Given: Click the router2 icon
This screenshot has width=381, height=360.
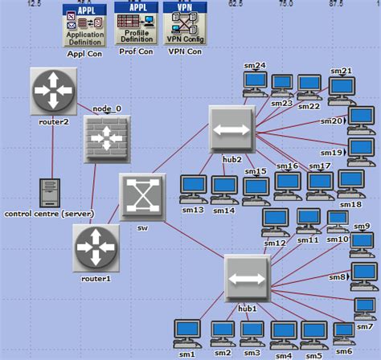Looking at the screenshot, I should pyautogui.click(x=54, y=89).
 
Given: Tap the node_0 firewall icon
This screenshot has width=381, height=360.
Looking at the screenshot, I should pyautogui.click(x=106, y=138).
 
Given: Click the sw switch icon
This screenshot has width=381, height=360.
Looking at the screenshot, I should pyautogui.click(x=141, y=195).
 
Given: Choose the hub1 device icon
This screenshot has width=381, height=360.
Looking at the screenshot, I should pyautogui.click(x=247, y=278).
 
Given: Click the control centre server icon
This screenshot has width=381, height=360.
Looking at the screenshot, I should pyautogui.click(x=51, y=191).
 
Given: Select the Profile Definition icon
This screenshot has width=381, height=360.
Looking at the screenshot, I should pyautogui.click(x=137, y=23).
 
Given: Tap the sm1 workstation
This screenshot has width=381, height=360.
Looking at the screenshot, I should pyautogui.click(x=186, y=332).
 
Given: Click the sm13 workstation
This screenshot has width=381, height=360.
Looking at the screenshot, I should pyautogui.click(x=193, y=188).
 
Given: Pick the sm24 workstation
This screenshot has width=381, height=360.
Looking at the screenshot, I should pyautogui.click(x=256, y=82).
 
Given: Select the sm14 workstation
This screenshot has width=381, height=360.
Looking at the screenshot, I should pyautogui.click(x=224, y=188).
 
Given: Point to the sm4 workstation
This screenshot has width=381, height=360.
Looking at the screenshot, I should pyautogui.click(x=283, y=333).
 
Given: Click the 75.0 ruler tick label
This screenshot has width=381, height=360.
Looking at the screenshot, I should pyautogui.click(x=285, y=3).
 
